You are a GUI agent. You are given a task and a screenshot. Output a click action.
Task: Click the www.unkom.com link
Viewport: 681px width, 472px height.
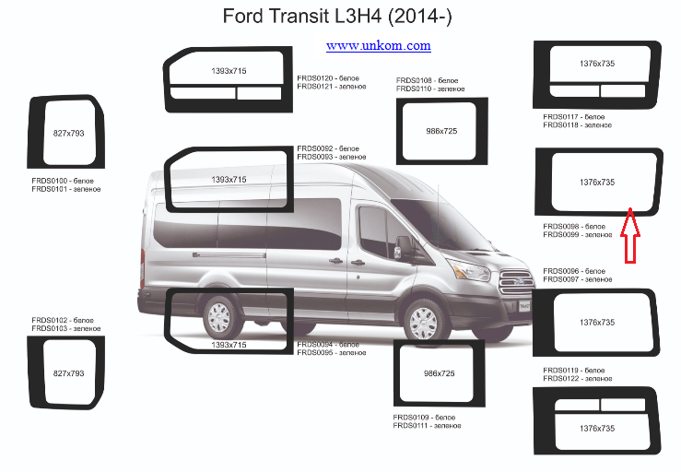pyautogui.click(x=379, y=46)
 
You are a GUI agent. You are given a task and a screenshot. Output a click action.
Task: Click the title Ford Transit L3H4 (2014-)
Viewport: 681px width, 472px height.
pyautogui.click(x=337, y=17)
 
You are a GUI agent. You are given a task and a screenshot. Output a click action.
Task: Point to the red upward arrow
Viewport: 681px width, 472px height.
pyautogui.click(x=629, y=235)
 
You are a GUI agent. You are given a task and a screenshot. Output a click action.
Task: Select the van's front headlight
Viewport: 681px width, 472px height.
pyautogui.click(x=471, y=270)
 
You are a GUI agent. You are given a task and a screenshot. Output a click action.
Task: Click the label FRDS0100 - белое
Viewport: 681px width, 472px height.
pyautogui.click(x=63, y=181)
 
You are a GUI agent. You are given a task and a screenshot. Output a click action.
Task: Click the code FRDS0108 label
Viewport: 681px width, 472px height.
pyautogui.click(x=414, y=80)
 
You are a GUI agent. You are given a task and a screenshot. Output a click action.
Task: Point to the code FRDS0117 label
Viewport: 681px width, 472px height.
pyautogui.click(x=560, y=117)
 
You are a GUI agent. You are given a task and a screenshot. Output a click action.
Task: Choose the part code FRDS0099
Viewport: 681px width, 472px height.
pyautogui.click(x=560, y=235)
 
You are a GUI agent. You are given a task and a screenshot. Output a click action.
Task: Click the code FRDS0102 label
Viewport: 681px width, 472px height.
pyautogui.click(x=50, y=320)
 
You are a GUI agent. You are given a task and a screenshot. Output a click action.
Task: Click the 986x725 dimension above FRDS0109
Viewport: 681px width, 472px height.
pyautogui.click(x=439, y=373)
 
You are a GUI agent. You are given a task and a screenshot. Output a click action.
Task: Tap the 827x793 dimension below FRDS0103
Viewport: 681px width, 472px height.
pyautogui.click(x=68, y=373)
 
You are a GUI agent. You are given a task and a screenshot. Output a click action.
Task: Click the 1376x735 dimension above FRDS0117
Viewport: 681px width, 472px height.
pyautogui.click(x=597, y=64)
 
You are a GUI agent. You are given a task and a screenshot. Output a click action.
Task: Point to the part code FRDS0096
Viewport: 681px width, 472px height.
pyautogui.click(x=560, y=271)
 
